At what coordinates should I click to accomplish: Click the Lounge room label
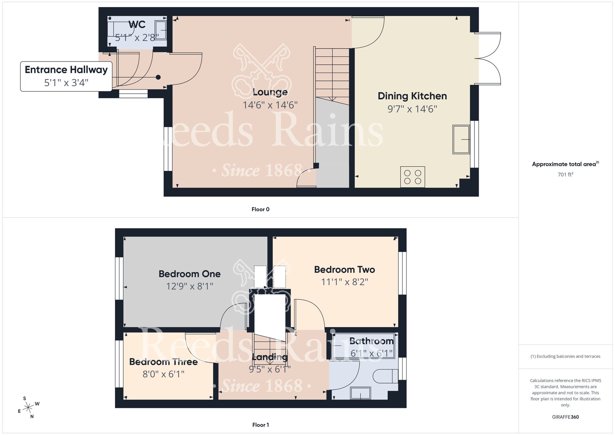tap(270, 92)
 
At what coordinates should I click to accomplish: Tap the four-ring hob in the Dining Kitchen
tap(412, 177)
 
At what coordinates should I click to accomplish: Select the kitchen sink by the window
tap(461, 139)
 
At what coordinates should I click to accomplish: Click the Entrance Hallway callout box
tap(66, 76)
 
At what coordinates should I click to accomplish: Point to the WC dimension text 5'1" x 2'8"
tap(137, 38)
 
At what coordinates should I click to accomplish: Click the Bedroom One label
tap(189, 274)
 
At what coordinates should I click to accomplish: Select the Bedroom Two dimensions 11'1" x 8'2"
tap(344, 282)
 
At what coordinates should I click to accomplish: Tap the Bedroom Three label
tap(163, 362)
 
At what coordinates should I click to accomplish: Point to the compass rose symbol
tap(28, 408)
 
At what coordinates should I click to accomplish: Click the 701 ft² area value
tap(565, 174)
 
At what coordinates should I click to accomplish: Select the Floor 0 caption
tap(260, 210)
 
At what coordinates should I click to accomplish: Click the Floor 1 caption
tap(260, 425)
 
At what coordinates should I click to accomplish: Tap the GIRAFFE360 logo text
tap(565, 417)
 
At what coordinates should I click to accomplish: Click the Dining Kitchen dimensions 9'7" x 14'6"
tap(412, 109)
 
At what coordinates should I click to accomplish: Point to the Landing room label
tap(270, 357)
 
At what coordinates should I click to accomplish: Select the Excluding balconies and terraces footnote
tap(565, 356)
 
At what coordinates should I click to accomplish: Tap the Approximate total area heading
tap(565, 164)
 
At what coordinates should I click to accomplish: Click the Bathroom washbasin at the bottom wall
tap(360, 393)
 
